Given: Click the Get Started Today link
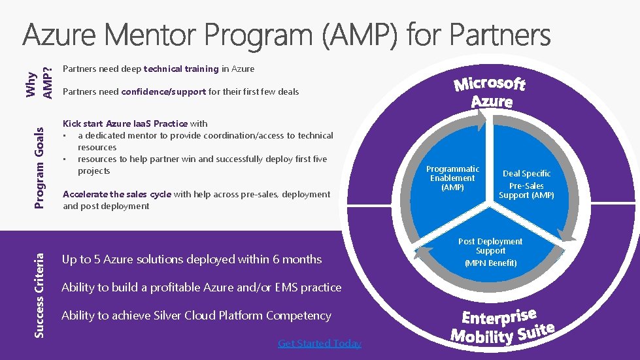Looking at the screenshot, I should (x=319, y=343).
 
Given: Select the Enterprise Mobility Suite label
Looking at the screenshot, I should (x=502, y=326).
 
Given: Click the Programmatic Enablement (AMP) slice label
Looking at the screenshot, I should (x=452, y=178).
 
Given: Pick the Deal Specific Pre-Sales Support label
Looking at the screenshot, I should (x=526, y=184).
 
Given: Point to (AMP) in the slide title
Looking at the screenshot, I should (x=359, y=36).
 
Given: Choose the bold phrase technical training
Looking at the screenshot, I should (x=181, y=69).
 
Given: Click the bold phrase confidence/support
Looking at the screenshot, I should (x=163, y=91).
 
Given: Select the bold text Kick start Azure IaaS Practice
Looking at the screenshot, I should (x=125, y=123).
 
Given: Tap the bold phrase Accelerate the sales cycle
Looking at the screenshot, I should (x=117, y=194).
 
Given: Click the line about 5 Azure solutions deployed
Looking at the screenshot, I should (x=192, y=259).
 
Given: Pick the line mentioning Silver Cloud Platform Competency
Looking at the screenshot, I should (x=196, y=316).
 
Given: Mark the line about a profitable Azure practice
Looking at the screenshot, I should (x=201, y=287).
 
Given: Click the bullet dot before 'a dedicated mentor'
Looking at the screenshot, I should (x=65, y=136).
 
